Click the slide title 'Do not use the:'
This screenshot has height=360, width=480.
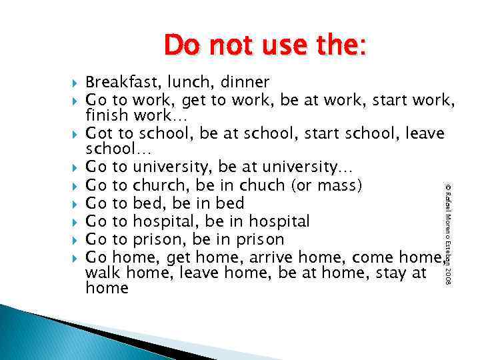(x=265, y=45)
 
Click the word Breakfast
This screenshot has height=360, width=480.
(x=117, y=83)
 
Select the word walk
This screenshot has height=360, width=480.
(x=104, y=273)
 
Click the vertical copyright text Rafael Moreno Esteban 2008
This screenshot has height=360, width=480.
(x=449, y=226)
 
